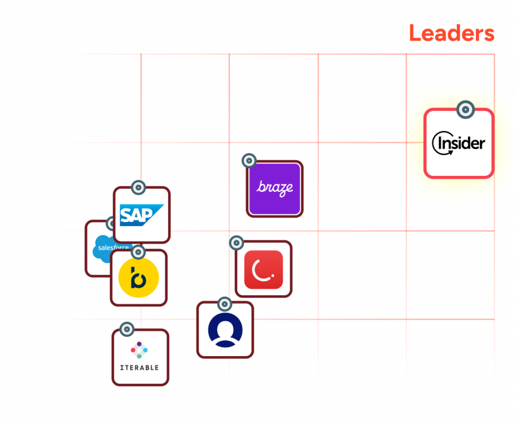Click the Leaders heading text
pyautogui.click(x=451, y=33)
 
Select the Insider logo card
pyautogui.click(x=459, y=144)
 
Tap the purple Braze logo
pyautogui.click(x=275, y=188)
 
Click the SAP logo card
pyautogui.click(x=142, y=215)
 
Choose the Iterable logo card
pyautogui.click(x=140, y=358)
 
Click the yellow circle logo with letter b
pyautogui.click(x=138, y=278)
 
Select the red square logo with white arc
pyautogui.click(x=264, y=269)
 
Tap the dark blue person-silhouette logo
pyautogui.click(x=225, y=330)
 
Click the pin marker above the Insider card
pyautogui.click(x=465, y=109)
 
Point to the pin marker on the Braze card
pyautogui.click(x=248, y=161)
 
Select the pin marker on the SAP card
pyautogui.click(x=138, y=187)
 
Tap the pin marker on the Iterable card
pyautogui.click(x=127, y=330)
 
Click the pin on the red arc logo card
pyautogui.click(x=236, y=243)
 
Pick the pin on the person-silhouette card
pyautogui.click(x=224, y=304)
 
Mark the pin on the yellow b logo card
pyautogui.click(x=138, y=252)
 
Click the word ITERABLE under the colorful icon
pyautogui.click(x=139, y=367)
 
